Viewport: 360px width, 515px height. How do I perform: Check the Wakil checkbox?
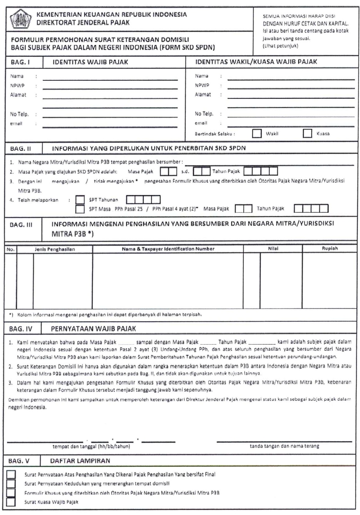click(257, 133)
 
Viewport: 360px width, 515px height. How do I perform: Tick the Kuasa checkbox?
click(307, 133)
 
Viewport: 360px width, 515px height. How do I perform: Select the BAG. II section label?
click(20, 148)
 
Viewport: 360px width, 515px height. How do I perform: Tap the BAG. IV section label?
click(21, 329)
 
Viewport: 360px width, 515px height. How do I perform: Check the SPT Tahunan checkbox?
click(80, 200)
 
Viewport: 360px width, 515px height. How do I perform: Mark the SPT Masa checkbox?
click(80, 209)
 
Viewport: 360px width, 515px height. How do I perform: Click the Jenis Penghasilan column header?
click(55, 249)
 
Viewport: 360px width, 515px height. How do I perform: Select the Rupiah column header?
click(330, 249)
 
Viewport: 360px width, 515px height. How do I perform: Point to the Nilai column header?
click(273, 249)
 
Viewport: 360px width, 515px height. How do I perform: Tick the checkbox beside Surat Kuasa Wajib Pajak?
click(12, 502)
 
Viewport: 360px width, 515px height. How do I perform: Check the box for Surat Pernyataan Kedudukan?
click(12, 483)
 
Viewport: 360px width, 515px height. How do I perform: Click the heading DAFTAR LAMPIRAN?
click(80, 461)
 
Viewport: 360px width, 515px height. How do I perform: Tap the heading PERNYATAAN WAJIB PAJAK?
click(93, 329)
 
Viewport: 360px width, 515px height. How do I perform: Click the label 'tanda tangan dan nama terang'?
click(284, 446)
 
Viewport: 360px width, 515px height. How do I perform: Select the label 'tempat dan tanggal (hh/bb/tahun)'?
click(91, 447)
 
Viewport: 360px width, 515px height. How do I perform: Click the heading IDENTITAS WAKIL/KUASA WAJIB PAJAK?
click(256, 62)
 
